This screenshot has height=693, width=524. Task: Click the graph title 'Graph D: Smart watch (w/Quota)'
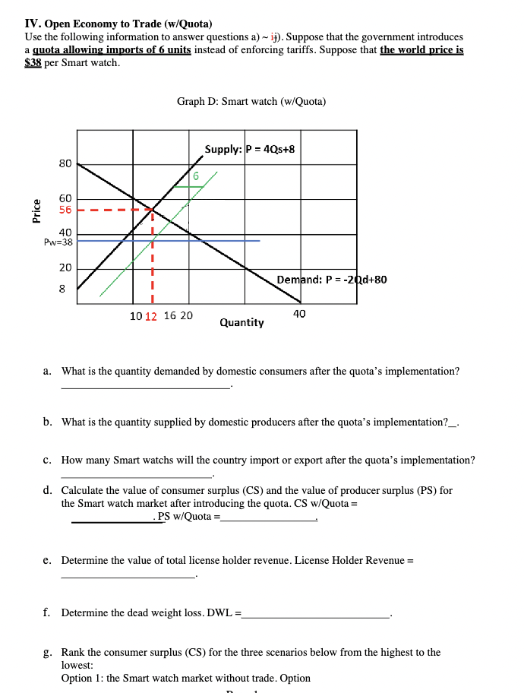(x=251, y=101)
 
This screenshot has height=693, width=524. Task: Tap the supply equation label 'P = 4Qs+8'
(x=270, y=149)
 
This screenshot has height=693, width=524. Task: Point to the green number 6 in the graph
(x=195, y=176)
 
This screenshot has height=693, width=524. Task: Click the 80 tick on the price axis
(x=65, y=163)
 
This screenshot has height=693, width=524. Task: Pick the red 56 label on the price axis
(x=65, y=210)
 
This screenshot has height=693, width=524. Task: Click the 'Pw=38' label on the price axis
(x=59, y=242)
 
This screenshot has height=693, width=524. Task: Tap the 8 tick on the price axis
(x=62, y=290)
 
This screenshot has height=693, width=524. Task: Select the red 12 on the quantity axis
(x=150, y=316)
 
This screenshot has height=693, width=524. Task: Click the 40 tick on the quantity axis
(x=299, y=313)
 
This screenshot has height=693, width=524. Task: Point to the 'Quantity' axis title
(x=241, y=323)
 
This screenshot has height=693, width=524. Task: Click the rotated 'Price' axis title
(x=35, y=210)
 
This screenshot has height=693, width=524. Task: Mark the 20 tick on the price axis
(x=65, y=267)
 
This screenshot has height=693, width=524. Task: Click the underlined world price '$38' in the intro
(x=33, y=62)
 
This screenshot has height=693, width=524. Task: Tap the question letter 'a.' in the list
(x=47, y=372)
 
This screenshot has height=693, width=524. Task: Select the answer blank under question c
(x=137, y=476)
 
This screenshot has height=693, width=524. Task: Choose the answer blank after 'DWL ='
(x=314, y=615)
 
